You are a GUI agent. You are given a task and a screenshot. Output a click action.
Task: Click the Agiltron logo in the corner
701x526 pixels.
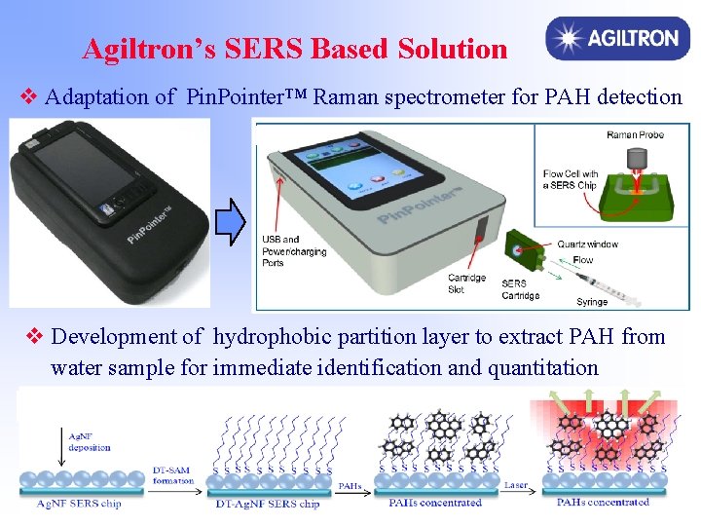tap(612, 39)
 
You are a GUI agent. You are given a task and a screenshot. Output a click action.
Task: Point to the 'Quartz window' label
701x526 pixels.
tap(589, 244)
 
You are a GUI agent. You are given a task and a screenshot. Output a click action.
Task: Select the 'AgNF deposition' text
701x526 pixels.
tap(90, 442)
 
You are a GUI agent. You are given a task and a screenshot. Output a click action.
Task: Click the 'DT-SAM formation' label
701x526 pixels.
tap(173, 475)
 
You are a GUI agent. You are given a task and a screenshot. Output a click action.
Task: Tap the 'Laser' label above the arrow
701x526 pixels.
tap(516, 484)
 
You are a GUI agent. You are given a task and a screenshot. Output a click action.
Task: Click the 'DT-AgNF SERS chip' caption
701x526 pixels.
tap(269, 504)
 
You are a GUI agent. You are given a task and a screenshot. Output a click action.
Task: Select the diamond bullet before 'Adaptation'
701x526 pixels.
tap(29, 96)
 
